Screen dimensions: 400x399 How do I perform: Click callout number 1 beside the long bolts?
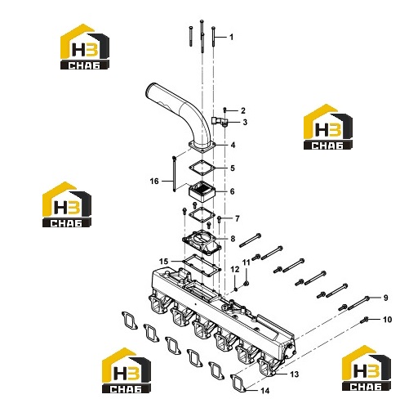pyautogui.click(x=231, y=37)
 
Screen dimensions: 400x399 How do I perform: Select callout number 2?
pyautogui.click(x=242, y=110)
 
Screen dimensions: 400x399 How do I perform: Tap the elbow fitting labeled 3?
pyautogui.click(x=219, y=121)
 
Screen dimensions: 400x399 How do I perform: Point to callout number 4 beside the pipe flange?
pyautogui.click(x=233, y=145)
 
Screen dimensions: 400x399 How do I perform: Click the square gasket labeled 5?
pyautogui.click(x=202, y=168)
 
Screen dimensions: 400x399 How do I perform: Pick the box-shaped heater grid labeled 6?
pyautogui.click(x=202, y=191)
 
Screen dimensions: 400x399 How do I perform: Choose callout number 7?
pyautogui.click(x=238, y=218)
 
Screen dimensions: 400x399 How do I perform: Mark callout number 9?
pyautogui.click(x=385, y=298)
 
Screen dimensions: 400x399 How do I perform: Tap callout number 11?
pyautogui.click(x=247, y=262)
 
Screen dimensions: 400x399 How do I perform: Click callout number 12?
pyautogui.click(x=235, y=269)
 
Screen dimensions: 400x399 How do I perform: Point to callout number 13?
pyautogui.click(x=295, y=374)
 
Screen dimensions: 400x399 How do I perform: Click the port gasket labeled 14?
pyautogui.click(x=238, y=383)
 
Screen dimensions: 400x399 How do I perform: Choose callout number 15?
pyautogui.click(x=163, y=262)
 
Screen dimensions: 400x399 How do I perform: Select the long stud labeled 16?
pyautogui.click(x=174, y=173)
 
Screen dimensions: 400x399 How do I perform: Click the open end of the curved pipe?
pyautogui.click(x=150, y=89)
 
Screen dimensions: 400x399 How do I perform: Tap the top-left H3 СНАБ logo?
pyautogui.click(x=85, y=47)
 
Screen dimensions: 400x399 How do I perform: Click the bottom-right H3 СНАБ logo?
pyautogui.click(x=367, y=368)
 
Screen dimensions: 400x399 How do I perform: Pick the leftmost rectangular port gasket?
pyautogui.click(x=129, y=321)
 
